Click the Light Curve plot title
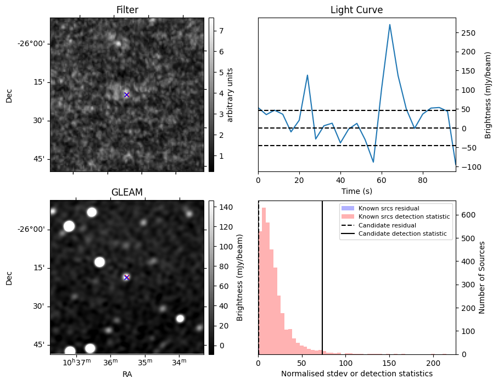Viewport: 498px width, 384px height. coord(356,10)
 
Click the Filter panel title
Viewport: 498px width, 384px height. coord(127,10)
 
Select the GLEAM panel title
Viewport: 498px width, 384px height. coord(127,192)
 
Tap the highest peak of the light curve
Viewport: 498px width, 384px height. coord(389,25)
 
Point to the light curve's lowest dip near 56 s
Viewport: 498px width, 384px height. coord(373,162)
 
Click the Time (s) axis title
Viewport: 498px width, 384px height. coord(356,190)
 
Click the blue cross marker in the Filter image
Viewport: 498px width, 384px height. coord(127,94)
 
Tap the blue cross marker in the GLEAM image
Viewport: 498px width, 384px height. coord(127,277)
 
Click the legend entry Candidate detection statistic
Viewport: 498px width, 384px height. coord(404,234)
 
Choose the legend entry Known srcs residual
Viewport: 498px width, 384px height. coord(389,208)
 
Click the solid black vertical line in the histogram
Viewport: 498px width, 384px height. coord(322,275)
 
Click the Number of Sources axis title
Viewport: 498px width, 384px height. coord(482,277)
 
